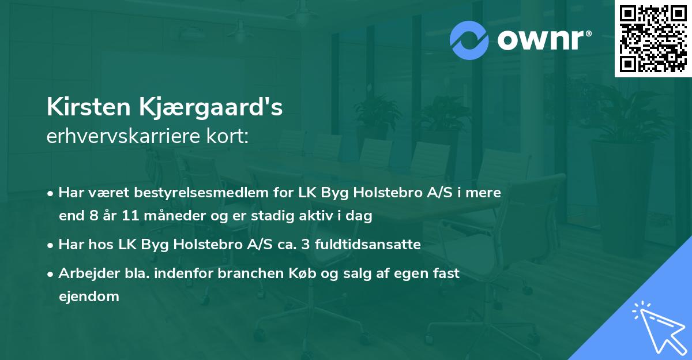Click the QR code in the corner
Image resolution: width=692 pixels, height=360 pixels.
[653, 39]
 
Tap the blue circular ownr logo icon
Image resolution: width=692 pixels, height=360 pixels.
[470, 40]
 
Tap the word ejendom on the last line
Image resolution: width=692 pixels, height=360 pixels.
[89, 297]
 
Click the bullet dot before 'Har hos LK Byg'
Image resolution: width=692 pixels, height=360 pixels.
[51, 245]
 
